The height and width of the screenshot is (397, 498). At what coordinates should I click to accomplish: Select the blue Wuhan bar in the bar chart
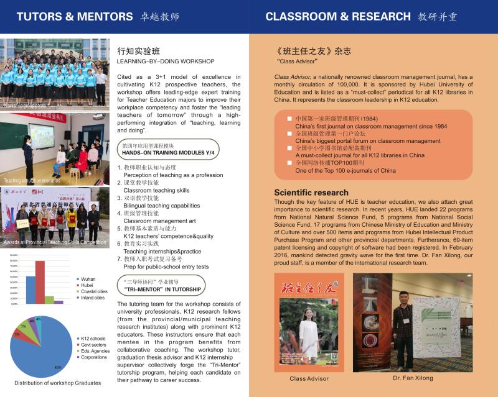click(x=31, y=290)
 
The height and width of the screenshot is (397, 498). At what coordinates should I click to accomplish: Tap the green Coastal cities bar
click(x=49, y=299)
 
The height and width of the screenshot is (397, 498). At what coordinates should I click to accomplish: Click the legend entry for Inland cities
click(x=92, y=298)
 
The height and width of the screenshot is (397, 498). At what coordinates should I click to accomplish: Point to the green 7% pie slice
click(x=23, y=325)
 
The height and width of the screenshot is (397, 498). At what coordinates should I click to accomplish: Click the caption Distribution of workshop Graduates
click(x=54, y=383)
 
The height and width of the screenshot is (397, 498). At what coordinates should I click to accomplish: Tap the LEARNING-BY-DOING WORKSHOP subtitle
click(x=166, y=62)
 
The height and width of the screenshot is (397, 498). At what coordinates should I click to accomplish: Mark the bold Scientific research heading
click(x=311, y=193)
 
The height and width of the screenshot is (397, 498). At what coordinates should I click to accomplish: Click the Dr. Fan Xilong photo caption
click(x=413, y=378)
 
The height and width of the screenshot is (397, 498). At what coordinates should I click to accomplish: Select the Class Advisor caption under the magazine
click(x=309, y=378)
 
